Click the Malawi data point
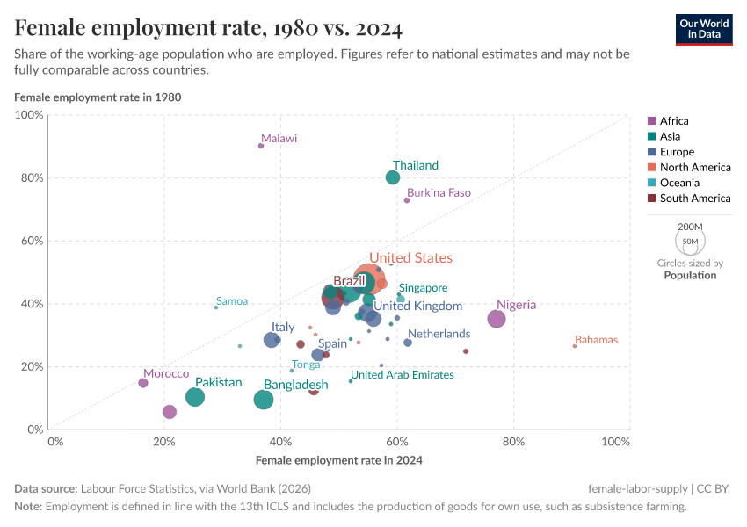pos(261,146)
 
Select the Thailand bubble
pos(393,177)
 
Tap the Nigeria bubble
pos(497,319)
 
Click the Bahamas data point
pos(575,346)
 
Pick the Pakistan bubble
pos(195,397)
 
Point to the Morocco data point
pos(143,383)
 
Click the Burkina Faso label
pos(439,193)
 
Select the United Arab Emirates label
pos(402,375)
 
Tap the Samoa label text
pos(232,301)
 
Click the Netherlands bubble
pos(408,343)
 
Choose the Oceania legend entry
pos(679,183)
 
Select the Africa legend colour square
pos(651,121)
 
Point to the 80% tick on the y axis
pos(33,178)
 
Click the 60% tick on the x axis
pos(397,442)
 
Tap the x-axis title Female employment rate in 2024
pos(339,460)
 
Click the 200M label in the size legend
pos(690,227)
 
